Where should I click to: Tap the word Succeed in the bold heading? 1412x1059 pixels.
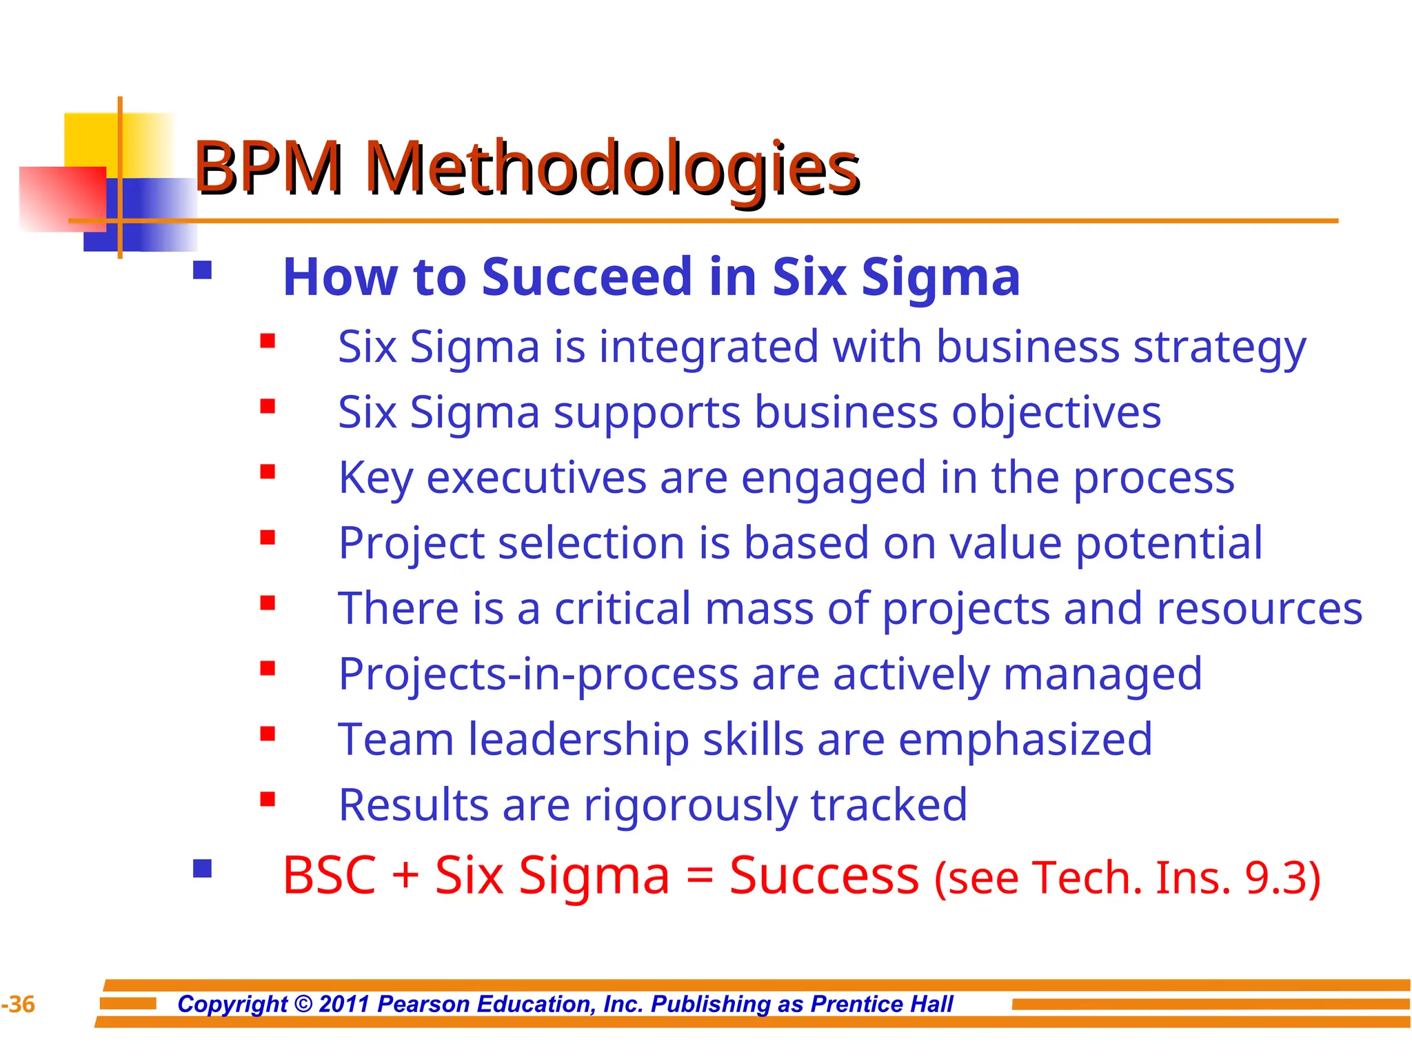[x=586, y=277]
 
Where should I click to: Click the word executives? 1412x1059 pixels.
[x=536, y=478]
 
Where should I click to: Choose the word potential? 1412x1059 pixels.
[x=1169, y=543]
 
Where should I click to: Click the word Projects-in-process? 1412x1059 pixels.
[x=538, y=674]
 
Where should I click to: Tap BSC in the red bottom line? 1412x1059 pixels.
[x=329, y=876]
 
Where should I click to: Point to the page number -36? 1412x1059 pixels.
[x=18, y=1005]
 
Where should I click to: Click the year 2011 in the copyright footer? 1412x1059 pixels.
[x=345, y=1004]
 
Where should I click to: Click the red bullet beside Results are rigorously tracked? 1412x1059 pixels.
[x=268, y=799]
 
